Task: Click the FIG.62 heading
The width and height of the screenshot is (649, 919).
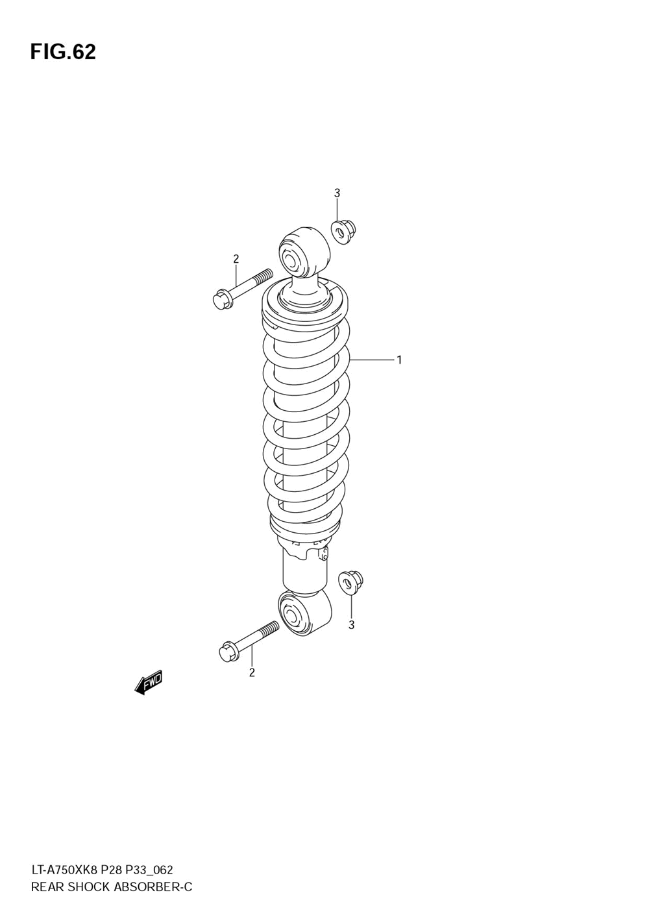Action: (x=63, y=52)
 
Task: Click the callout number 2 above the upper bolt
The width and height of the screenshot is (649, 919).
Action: (x=236, y=259)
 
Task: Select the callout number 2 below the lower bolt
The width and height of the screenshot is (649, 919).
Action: (x=252, y=672)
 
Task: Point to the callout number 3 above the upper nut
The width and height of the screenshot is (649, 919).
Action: (x=337, y=193)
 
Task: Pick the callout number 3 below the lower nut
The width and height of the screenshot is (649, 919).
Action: (x=351, y=625)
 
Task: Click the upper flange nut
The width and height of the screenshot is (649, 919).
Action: (x=343, y=231)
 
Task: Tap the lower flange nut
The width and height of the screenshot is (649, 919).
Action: (x=350, y=582)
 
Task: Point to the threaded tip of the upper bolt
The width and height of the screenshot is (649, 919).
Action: (x=265, y=275)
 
